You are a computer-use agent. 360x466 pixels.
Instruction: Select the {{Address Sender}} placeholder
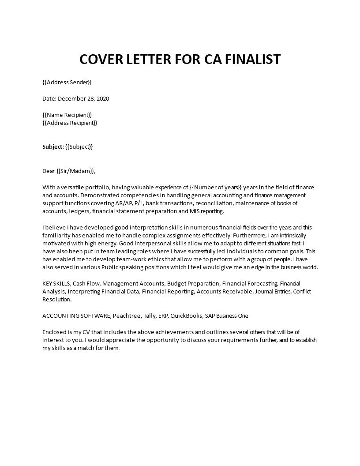67,82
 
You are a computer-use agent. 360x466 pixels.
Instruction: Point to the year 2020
102,98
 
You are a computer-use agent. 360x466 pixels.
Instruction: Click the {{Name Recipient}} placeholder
67,115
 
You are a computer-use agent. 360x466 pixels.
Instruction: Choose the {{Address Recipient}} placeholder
70,123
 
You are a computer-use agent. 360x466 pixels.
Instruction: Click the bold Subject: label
53,147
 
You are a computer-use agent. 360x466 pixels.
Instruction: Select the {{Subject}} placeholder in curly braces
79,147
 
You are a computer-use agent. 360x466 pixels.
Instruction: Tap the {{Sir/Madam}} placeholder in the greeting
75,171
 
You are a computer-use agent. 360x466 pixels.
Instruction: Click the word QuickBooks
185,316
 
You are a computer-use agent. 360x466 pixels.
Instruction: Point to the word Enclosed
55,331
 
